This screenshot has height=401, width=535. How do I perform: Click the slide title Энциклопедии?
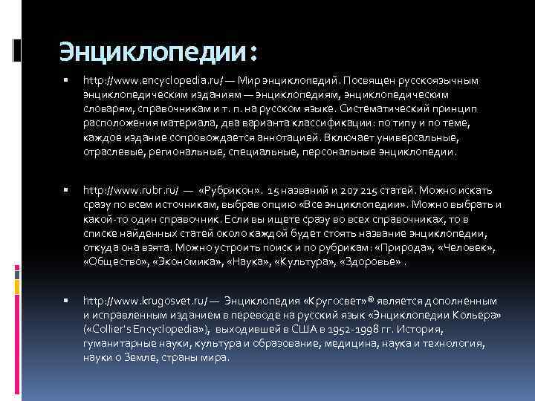pyautogui.click(x=159, y=51)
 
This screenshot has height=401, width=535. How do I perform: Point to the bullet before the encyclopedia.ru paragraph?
pyautogui.click(x=66, y=79)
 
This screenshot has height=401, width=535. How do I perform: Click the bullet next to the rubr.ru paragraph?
pyautogui.click(x=66, y=191)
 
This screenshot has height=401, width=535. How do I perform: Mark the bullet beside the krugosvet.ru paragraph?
pyautogui.click(x=66, y=303)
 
